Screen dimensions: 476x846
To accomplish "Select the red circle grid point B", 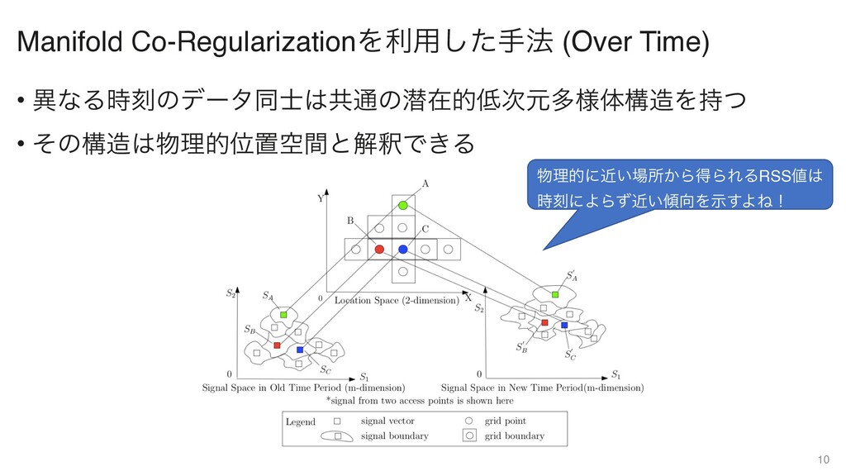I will [379, 249].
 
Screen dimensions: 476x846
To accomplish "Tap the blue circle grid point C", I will [402, 249].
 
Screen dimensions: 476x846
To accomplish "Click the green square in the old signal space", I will [283, 315].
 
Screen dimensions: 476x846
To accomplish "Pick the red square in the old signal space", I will [278, 344].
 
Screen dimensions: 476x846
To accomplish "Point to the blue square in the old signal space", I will [300, 350].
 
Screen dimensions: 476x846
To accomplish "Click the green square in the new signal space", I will [555, 294].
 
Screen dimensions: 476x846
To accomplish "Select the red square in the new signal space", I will [544, 322].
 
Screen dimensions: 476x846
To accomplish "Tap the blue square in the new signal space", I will [564, 326].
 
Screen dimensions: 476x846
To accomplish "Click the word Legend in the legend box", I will [301, 422].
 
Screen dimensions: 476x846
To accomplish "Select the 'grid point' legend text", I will [506, 421].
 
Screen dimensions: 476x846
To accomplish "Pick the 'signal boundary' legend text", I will [396, 436].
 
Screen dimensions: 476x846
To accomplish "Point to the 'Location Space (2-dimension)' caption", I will [397, 301].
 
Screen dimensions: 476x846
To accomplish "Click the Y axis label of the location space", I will [321, 199].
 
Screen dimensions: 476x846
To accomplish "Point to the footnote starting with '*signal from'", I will [420, 400].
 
